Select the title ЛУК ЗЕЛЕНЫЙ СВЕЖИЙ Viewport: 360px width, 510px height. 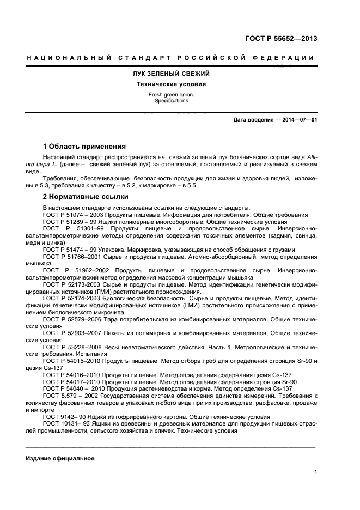[x=172, y=74]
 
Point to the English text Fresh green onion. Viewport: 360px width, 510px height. [x=172, y=95]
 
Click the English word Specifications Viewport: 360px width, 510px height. [x=172, y=101]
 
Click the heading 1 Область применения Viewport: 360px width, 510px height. [x=84, y=147]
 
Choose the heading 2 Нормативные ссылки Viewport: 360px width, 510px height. [x=86, y=197]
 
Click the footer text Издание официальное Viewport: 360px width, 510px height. [x=60, y=458]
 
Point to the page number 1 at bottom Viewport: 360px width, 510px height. [x=315, y=472]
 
